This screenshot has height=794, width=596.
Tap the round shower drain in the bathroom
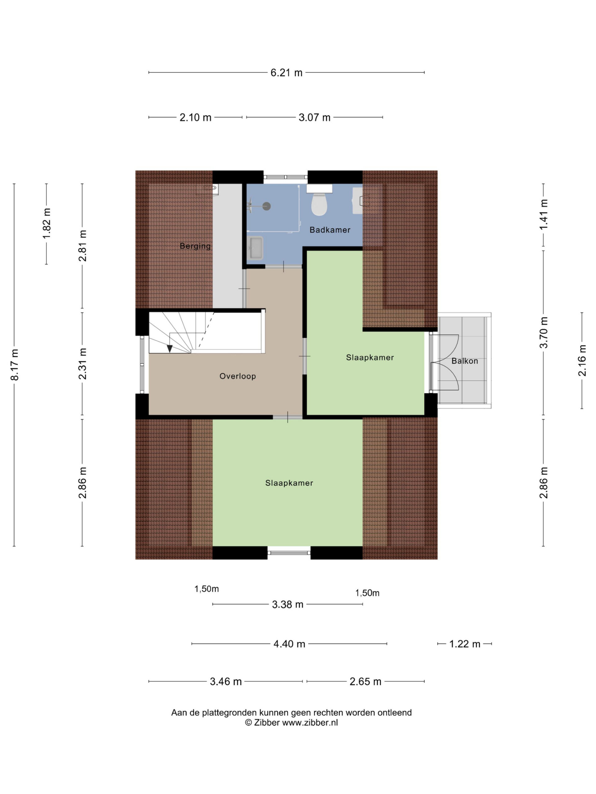[x=266, y=206]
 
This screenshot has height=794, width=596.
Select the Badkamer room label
[x=330, y=230]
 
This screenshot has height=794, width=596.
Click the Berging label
[x=195, y=246]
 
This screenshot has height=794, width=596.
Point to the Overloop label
[x=237, y=376]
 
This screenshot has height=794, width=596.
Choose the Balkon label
[x=464, y=361]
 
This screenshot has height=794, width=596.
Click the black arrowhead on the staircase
[x=169, y=349]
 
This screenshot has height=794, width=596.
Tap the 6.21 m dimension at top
[x=286, y=73]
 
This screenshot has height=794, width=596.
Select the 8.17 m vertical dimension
[x=14, y=365]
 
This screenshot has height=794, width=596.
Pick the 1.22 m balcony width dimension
[x=464, y=644]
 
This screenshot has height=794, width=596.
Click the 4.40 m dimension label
[x=289, y=644]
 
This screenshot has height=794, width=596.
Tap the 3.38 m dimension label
[x=288, y=604]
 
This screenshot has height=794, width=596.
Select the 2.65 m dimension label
[x=365, y=682]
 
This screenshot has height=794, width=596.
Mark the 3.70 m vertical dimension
[x=544, y=332]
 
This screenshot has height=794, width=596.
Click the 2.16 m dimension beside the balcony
[x=582, y=360]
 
